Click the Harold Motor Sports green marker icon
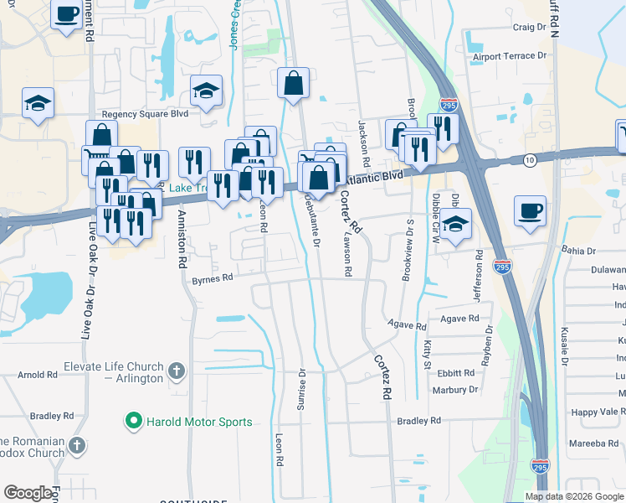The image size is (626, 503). pos(132,421)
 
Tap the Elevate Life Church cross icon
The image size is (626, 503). pos(176,370)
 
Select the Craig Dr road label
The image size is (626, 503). pos(529,27)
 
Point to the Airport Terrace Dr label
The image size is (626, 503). pos(509,56)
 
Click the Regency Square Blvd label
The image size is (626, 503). pos(145,114)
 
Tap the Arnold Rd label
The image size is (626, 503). pos(37,374)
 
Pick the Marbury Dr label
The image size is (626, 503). pos(455,390)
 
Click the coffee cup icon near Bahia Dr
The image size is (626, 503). pos(529,210)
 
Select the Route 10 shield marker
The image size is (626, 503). pos(530,159)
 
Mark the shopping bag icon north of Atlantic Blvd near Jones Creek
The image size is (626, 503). pos(294,83)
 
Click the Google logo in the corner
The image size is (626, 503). pos(28,493)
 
